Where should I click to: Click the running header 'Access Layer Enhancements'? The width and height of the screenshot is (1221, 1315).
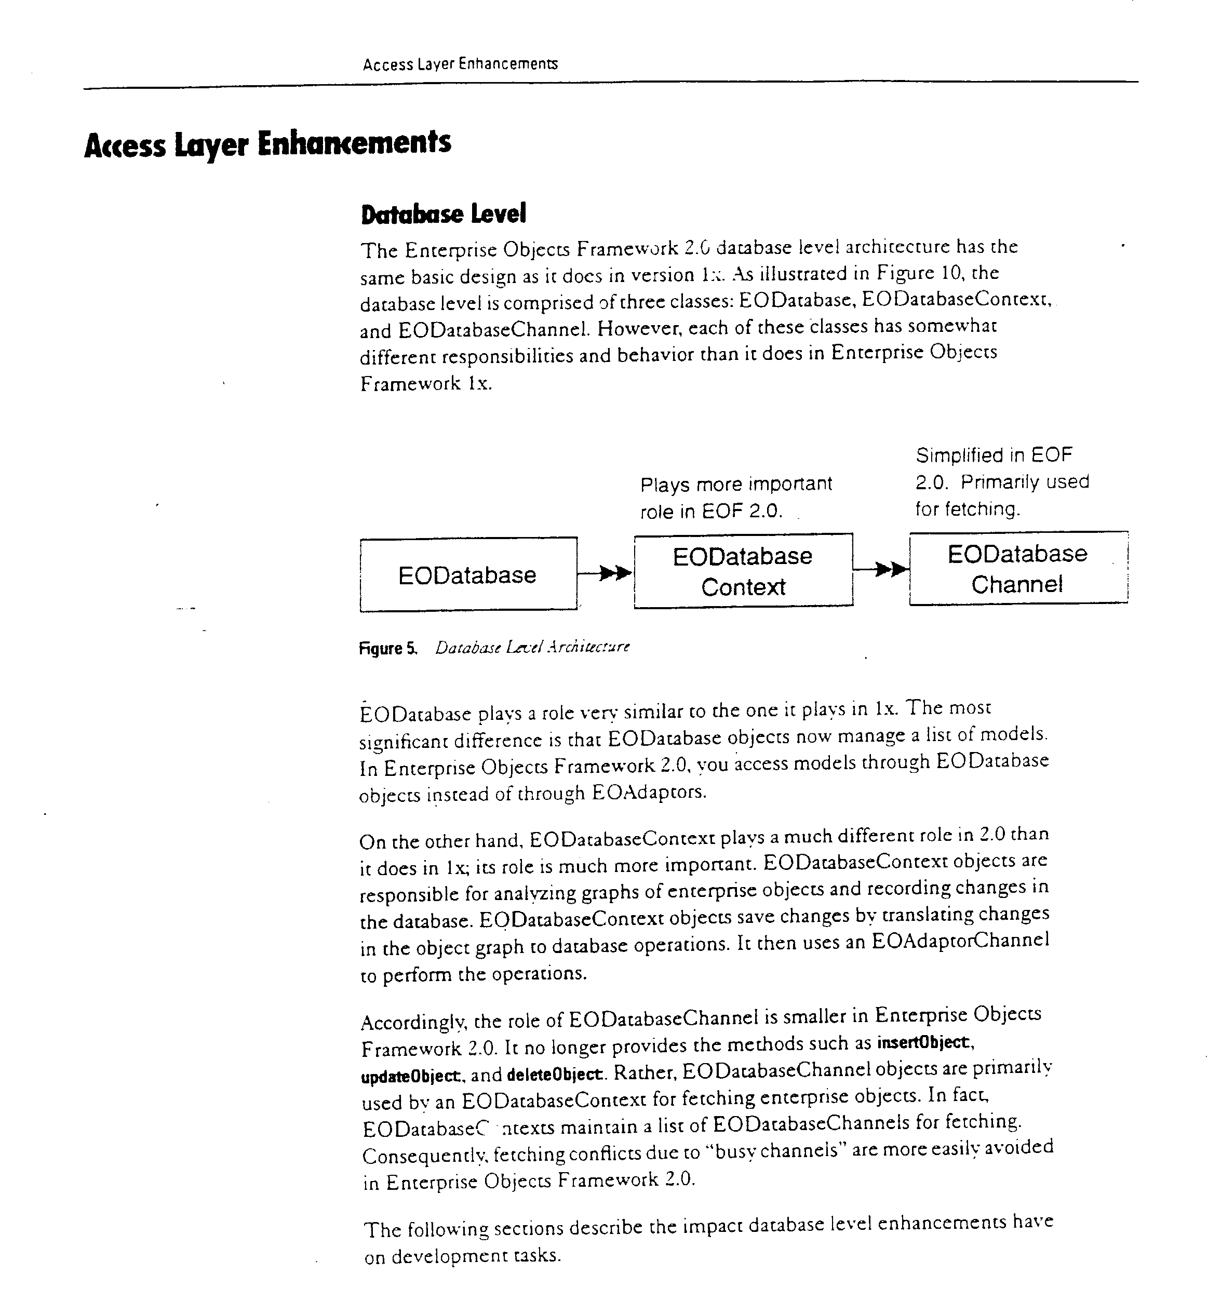pos(460,64)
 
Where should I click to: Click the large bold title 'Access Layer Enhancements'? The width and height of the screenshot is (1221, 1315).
pos(267,143)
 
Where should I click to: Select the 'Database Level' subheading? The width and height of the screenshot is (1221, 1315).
pos(444,214)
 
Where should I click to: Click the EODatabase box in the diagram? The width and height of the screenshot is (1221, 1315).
pos(468,574)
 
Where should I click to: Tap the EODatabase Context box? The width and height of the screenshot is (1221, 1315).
pos(743,571)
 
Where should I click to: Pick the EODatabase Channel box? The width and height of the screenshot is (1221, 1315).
pos(1017,568)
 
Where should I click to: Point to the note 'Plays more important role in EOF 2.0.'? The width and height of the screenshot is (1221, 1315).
pos(735,498)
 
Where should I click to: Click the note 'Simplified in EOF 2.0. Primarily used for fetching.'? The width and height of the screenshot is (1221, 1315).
pos(1001,482)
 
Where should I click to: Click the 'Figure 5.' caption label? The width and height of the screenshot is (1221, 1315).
pos(388,648)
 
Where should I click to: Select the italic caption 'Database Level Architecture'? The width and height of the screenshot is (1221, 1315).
pos(532,647)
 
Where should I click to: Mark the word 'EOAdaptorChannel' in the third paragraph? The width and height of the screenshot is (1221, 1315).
pos(960,941)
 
